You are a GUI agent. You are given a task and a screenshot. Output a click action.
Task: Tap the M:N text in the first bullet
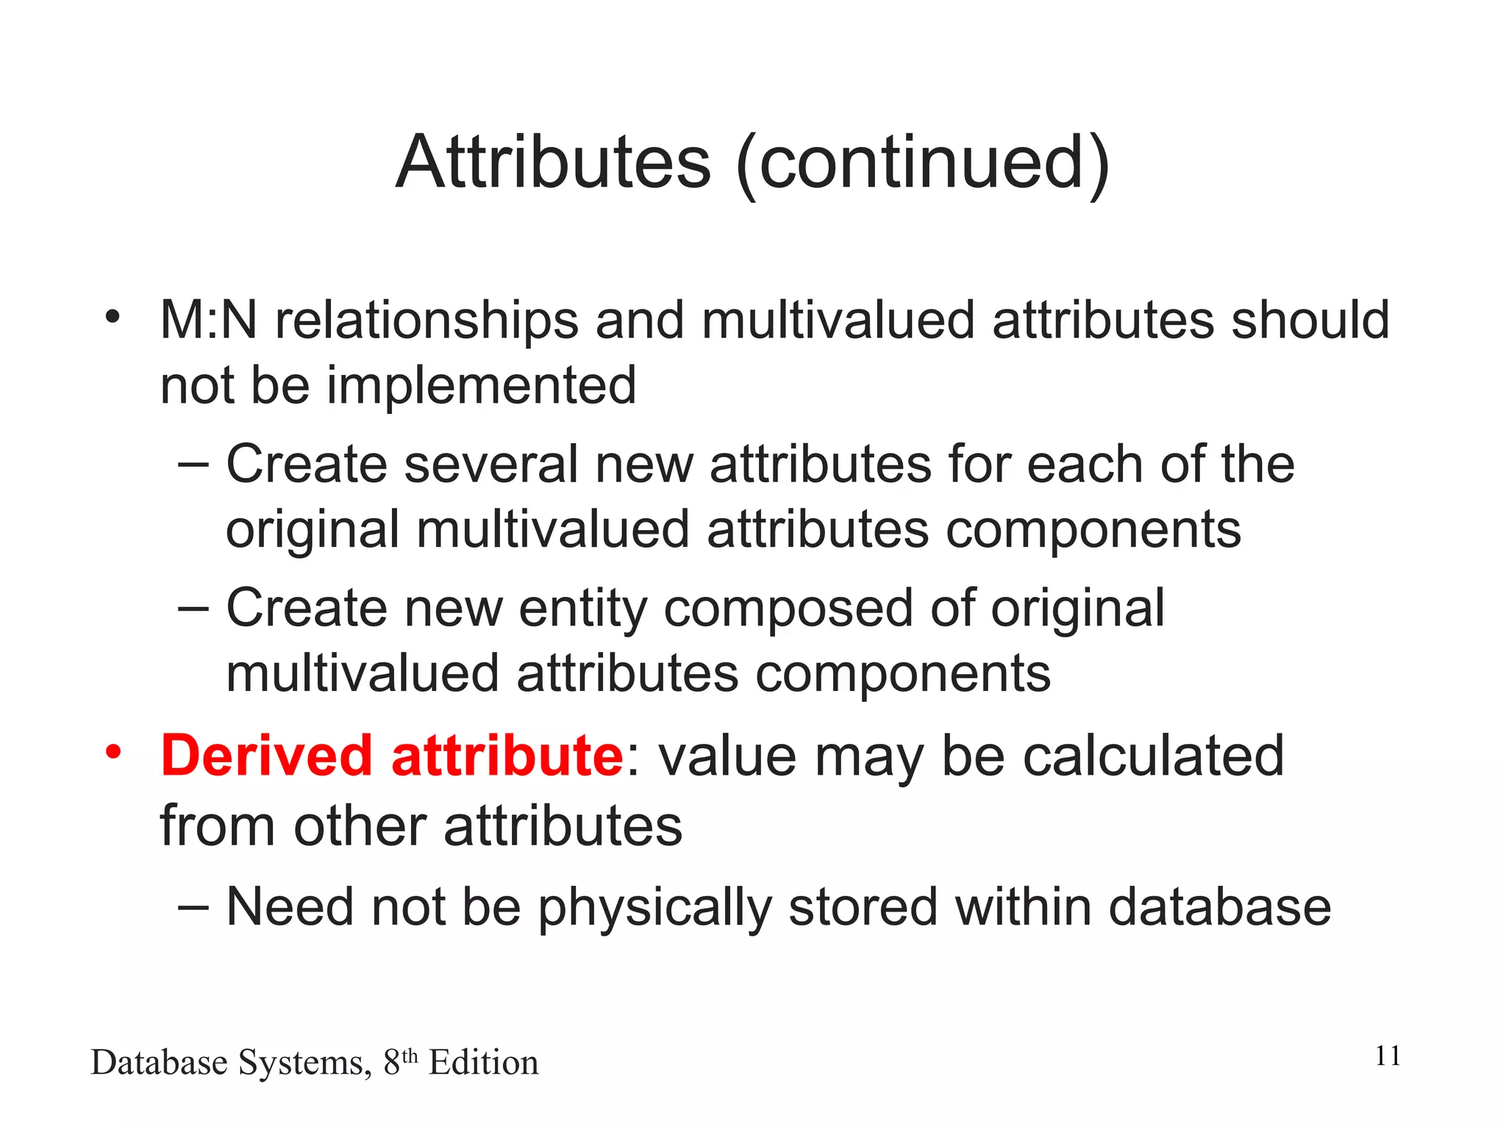209,320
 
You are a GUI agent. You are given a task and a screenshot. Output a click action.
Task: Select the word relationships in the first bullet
427,322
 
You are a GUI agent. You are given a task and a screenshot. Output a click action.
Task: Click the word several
491,465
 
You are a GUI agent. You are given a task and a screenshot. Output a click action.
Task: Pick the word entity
582,609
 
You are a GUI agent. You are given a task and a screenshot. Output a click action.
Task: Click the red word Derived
267,756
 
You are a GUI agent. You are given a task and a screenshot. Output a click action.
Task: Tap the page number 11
1388,1056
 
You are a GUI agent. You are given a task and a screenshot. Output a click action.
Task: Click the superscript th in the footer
410,1055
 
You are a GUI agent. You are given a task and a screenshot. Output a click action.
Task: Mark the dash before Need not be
193,907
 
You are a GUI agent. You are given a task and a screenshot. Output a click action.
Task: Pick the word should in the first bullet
1310,320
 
